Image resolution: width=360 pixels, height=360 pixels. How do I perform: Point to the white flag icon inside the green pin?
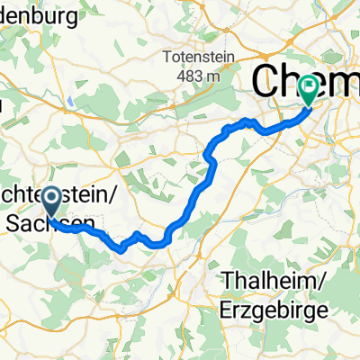click(310, 87)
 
